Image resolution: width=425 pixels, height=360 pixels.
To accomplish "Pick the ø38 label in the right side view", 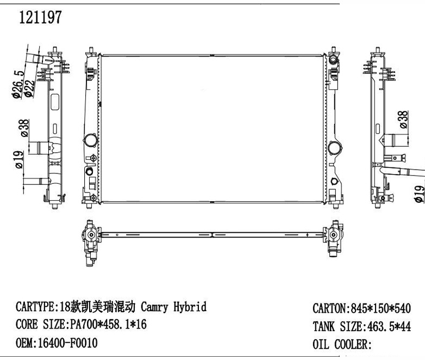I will (x=403, y=120).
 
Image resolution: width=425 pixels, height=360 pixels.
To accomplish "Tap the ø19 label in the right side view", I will (x=419, y=194).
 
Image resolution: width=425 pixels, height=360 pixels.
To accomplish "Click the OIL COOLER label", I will (x=341, y=344).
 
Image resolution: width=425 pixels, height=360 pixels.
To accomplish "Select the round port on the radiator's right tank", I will (x=334, y=147).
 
